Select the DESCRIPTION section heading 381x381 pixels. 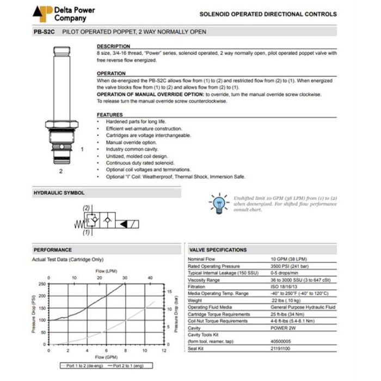113,46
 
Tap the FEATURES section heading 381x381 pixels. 110,115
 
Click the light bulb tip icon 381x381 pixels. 218,202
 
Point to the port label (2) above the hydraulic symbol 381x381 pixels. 86,207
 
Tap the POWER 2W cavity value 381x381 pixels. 284,329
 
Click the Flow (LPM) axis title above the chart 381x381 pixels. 107,271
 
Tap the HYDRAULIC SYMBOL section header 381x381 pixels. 59,193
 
